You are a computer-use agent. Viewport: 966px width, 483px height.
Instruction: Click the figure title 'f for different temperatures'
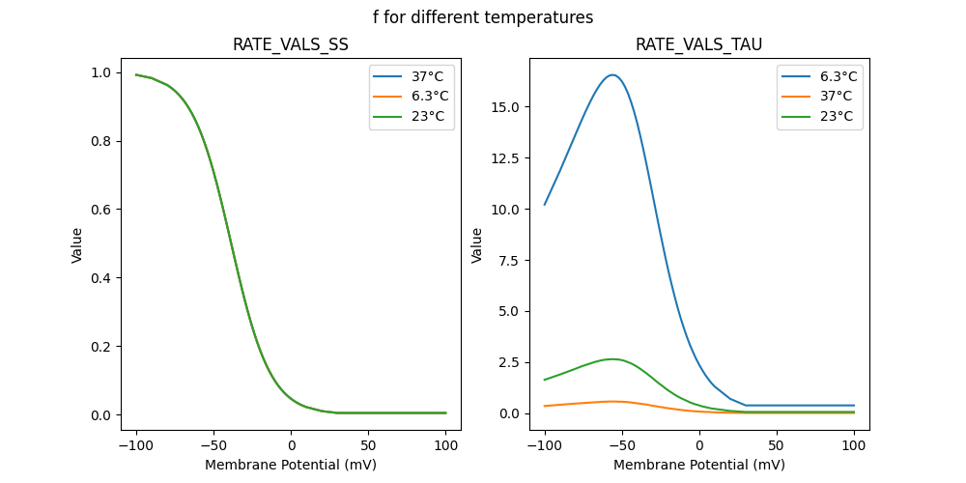pos(483,17)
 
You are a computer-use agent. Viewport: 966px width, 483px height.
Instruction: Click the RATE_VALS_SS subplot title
pos(291,45)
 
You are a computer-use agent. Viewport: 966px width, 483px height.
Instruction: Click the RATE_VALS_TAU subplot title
pos(698,45)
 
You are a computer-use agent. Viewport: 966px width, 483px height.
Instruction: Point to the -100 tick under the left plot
pos(135,445)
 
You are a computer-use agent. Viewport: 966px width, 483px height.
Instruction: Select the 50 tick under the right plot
pos(777,445)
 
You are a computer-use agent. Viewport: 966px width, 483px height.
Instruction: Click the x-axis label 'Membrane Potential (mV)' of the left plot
pos(291,465)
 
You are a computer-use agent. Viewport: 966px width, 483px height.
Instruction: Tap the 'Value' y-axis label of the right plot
pos(477,244)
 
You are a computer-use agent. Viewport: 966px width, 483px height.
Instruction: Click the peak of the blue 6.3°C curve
pos(612,74)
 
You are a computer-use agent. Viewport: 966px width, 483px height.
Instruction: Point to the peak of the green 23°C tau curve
pos(612,359)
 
